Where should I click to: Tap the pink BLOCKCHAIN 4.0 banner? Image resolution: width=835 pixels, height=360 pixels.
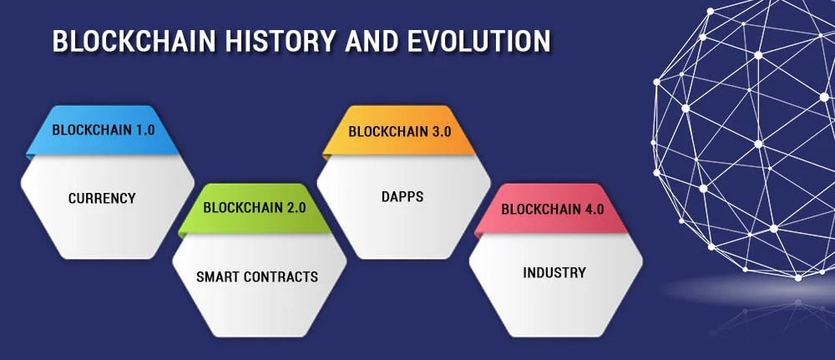552,209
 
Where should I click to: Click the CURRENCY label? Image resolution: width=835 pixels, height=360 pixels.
102,199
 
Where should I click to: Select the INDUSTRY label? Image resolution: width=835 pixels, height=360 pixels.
554,273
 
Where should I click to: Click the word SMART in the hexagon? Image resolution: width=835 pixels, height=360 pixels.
217,276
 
